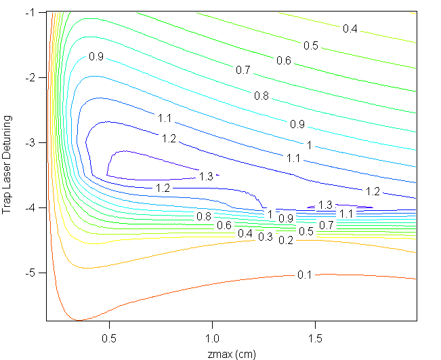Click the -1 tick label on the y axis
point(33,13)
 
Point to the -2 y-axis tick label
point(33,78)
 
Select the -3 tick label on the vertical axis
point(33,143)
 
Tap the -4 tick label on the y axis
point(33,208)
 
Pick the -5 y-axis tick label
point(33,273)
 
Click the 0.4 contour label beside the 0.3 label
point(245,233)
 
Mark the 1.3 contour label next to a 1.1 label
point(326,205)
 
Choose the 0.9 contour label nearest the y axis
point(96,57)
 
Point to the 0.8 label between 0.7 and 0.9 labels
point(261,96)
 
